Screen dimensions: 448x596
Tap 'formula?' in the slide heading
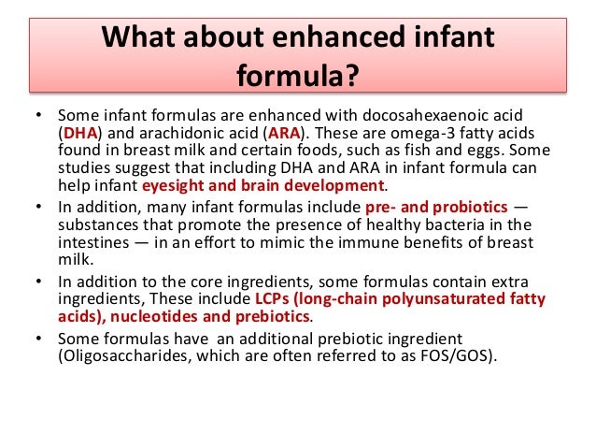pyautogui.click(x=298, y=75)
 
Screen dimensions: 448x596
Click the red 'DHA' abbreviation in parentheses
pyautogui.click(x=80, y=134)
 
